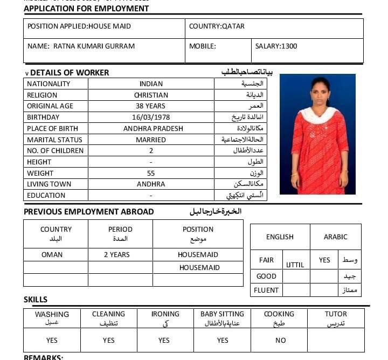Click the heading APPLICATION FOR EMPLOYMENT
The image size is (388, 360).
point(86,9)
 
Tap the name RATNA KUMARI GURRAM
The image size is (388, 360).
point(94,46)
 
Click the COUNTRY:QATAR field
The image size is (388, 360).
point(217,26)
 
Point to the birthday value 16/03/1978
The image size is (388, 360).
point(151,117)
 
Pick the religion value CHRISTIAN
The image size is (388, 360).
point(151,95)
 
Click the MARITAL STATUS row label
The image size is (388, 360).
point(54,140)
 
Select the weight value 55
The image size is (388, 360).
point(151,173)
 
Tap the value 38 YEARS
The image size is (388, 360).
point(151,106)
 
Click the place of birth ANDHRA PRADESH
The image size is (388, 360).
point(153,129)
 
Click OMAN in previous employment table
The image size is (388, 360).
point(52,255)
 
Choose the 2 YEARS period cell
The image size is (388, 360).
point(116,255)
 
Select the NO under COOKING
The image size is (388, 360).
point(280,341)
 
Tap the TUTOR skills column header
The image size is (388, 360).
point(336,314)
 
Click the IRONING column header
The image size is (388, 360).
point(165,314)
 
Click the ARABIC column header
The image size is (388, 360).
point(335,237)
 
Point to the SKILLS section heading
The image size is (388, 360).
point(36,300)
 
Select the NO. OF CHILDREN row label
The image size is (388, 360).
point(56,151)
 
